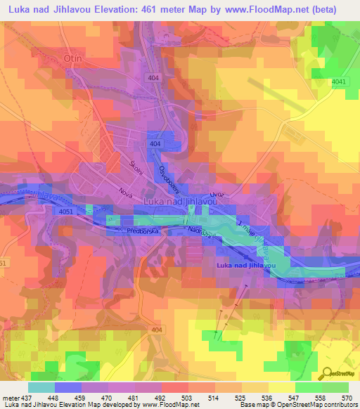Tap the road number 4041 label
click(340, 82)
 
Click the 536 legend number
click(259, 398)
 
